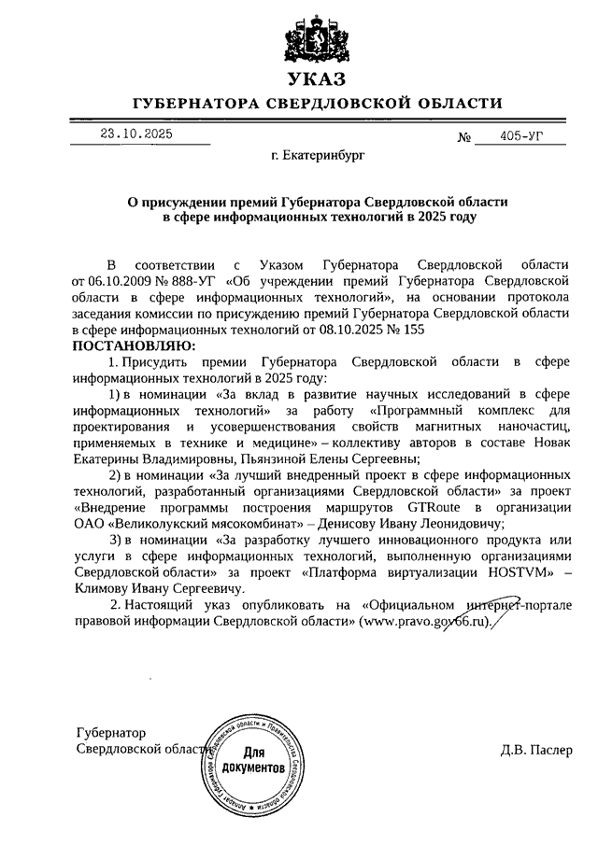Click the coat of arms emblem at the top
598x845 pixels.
click(316, 36)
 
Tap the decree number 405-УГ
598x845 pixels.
click(521, 136)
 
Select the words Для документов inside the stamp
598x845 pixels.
click(253, 759)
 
